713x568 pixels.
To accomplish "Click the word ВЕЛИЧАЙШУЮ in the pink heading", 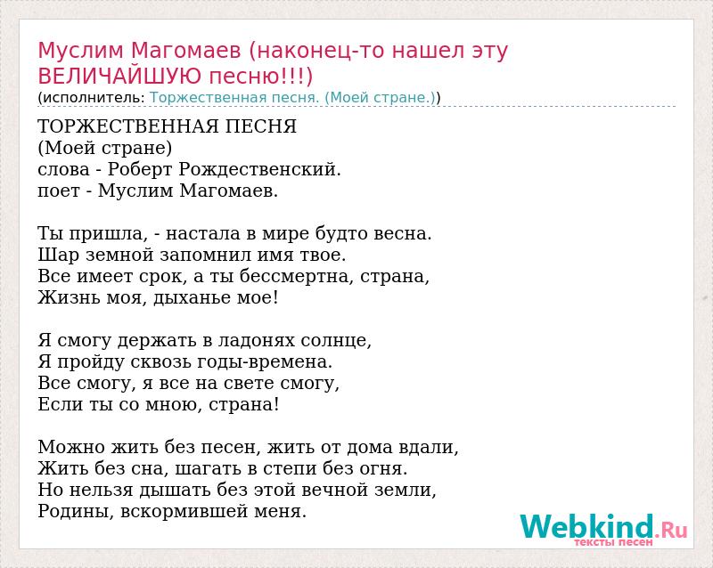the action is pos(119,77).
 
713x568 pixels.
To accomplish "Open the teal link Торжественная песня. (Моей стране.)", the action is pos(292,97).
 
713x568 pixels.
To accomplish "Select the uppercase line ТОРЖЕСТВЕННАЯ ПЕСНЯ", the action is pos(168,126).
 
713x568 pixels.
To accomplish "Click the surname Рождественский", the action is pos(258,169).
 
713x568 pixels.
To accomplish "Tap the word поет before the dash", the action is pos(59,191).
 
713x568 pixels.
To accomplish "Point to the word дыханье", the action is pos(192,297).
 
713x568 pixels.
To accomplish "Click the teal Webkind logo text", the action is pos(587,526).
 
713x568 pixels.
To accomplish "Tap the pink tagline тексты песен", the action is pos(613,542).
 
